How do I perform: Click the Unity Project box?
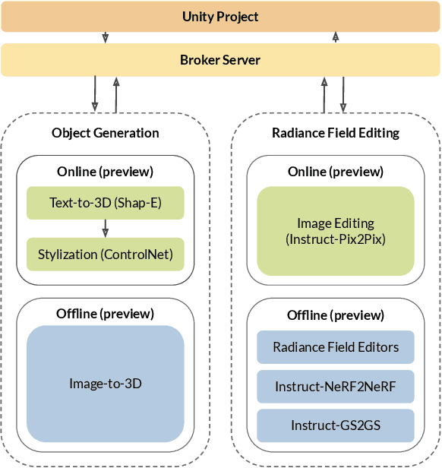pos(220,16)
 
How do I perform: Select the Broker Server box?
pos(220,60)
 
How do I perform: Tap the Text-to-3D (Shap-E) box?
pos(106,203)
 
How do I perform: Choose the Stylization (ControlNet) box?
pos(106,255)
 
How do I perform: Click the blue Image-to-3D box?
pos(106,384)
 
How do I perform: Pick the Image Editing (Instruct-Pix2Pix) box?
pos(336,231)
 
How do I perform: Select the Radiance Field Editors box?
pos(336,347)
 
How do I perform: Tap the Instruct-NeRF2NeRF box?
pos(336,387)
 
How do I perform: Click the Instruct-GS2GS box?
pos(336,425)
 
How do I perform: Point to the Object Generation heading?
pos(106,133)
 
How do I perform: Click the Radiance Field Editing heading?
pos(336,133)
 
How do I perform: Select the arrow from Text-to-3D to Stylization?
pos(106,229)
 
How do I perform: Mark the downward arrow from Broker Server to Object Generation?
pos(95,94)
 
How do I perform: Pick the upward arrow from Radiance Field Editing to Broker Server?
pos(324,94)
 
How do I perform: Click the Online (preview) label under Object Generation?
pos(106,172)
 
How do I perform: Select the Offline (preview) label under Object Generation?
pos(106,313)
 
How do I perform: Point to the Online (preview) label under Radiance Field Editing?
pos(336,172)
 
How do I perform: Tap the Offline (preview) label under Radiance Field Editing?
pos(336,315)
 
